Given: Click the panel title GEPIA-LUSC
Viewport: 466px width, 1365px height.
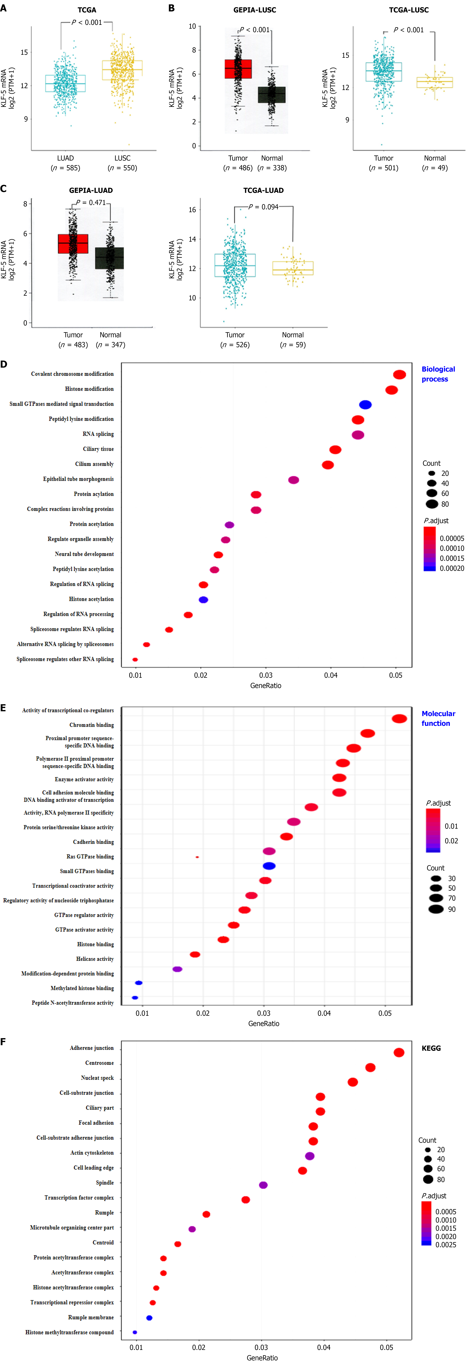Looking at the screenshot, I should point(255,10).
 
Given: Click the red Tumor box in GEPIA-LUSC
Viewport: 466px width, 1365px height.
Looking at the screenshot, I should point(238,69).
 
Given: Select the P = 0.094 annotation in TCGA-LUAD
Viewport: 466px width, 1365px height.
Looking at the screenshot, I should point(263,207).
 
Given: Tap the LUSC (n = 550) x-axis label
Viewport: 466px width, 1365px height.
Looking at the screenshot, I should point(122,163).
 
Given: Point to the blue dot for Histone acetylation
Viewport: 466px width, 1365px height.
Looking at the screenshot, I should point(203,600).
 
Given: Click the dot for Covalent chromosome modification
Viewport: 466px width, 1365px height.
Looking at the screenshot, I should point(399,375).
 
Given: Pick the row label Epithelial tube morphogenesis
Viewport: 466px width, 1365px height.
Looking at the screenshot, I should point(78,479).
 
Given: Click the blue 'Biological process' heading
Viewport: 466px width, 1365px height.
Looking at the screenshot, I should point(438,374).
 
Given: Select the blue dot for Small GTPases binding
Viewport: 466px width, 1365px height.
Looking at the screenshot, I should point(269,866).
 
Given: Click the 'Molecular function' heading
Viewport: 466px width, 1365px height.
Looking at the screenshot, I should point(438,718).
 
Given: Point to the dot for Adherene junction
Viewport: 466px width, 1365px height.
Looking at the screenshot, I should point(399,1052).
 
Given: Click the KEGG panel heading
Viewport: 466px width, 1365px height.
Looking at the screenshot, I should point(431,1048).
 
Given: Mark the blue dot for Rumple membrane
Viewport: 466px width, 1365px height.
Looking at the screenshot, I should point(149,1318).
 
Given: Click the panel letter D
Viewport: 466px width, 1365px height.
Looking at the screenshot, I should point(4,365).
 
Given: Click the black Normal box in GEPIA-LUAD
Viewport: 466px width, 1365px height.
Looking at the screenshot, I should point(110,258).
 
